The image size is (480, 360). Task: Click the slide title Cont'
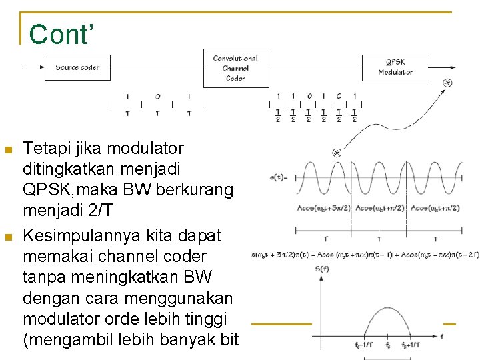[x=59, y=35]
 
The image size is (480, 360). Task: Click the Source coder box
[x=77, y=67]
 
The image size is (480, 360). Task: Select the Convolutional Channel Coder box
[x=236, y=68]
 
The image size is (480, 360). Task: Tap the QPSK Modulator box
[x=395, y=67]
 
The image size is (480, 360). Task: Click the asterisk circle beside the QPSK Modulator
[x=447, y=83]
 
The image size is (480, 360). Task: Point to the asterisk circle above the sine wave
[x=337, y=153]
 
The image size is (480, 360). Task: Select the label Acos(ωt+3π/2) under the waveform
[x=324, y=208]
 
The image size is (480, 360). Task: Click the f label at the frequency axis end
[x=441, y=337]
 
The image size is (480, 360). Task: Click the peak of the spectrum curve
[x=387, y=308]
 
